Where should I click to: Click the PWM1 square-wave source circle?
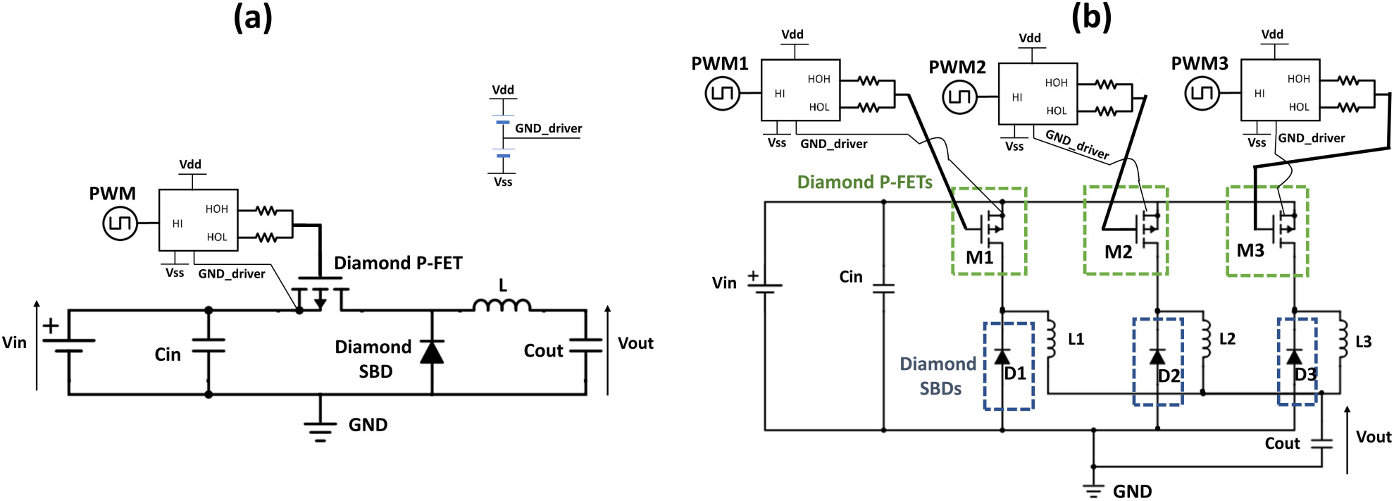point(723,94)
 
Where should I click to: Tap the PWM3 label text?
point(1200,64)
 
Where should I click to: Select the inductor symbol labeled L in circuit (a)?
point(502,306)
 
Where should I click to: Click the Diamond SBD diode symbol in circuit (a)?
point(432,351)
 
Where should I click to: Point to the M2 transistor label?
point(1118,252)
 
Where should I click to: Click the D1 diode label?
point(1015,373)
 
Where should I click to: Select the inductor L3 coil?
point(1342,340)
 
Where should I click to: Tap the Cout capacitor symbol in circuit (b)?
point(1322,444)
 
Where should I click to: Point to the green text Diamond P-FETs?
point(864,183)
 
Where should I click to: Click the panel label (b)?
point(1091,18)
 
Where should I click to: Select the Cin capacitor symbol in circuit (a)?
point(209,345)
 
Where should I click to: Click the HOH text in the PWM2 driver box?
point(1056,83)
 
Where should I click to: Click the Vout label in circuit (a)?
point(635,343)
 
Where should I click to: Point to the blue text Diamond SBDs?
point(938,376)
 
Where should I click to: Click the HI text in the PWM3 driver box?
point(1259,94)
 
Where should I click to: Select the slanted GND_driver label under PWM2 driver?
point(1077,144)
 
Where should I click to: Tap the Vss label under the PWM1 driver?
point(777,143)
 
